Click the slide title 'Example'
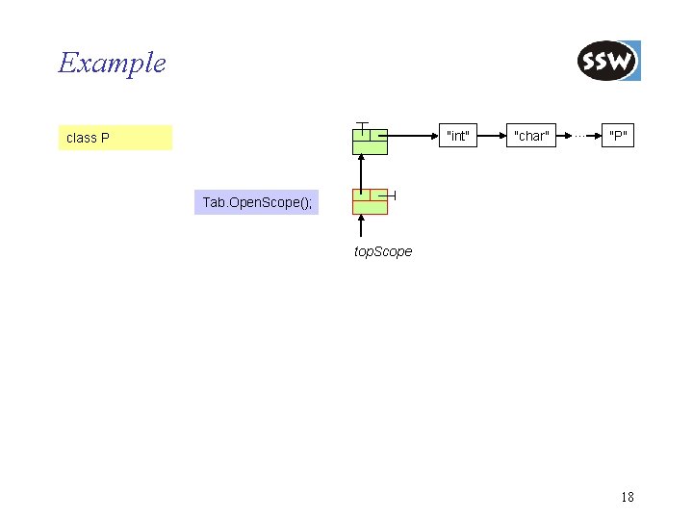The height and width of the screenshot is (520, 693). click(112, 64)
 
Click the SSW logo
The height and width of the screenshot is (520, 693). click(608, 62)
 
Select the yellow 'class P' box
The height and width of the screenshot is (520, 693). click(115, 138)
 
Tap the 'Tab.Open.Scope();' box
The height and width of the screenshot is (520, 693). click(256, 202)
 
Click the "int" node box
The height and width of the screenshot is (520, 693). click(457, 136)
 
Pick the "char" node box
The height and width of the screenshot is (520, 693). click(531, 136)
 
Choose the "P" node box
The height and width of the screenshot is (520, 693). click(619, 136)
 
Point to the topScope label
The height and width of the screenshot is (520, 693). click(382, 251)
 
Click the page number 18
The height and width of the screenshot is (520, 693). click(628, 497)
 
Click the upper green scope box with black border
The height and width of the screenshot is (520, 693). click(370, 142)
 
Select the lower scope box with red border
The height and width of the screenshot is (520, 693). click(370, 201)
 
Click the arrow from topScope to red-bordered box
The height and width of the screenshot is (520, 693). click(361, 226)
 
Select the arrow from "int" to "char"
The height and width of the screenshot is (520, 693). click(492, 136)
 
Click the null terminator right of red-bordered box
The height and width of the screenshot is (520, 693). click(393, 195)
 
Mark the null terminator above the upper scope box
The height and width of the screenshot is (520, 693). click(361, 124)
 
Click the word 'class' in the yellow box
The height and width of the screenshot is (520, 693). click(81, 138)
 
